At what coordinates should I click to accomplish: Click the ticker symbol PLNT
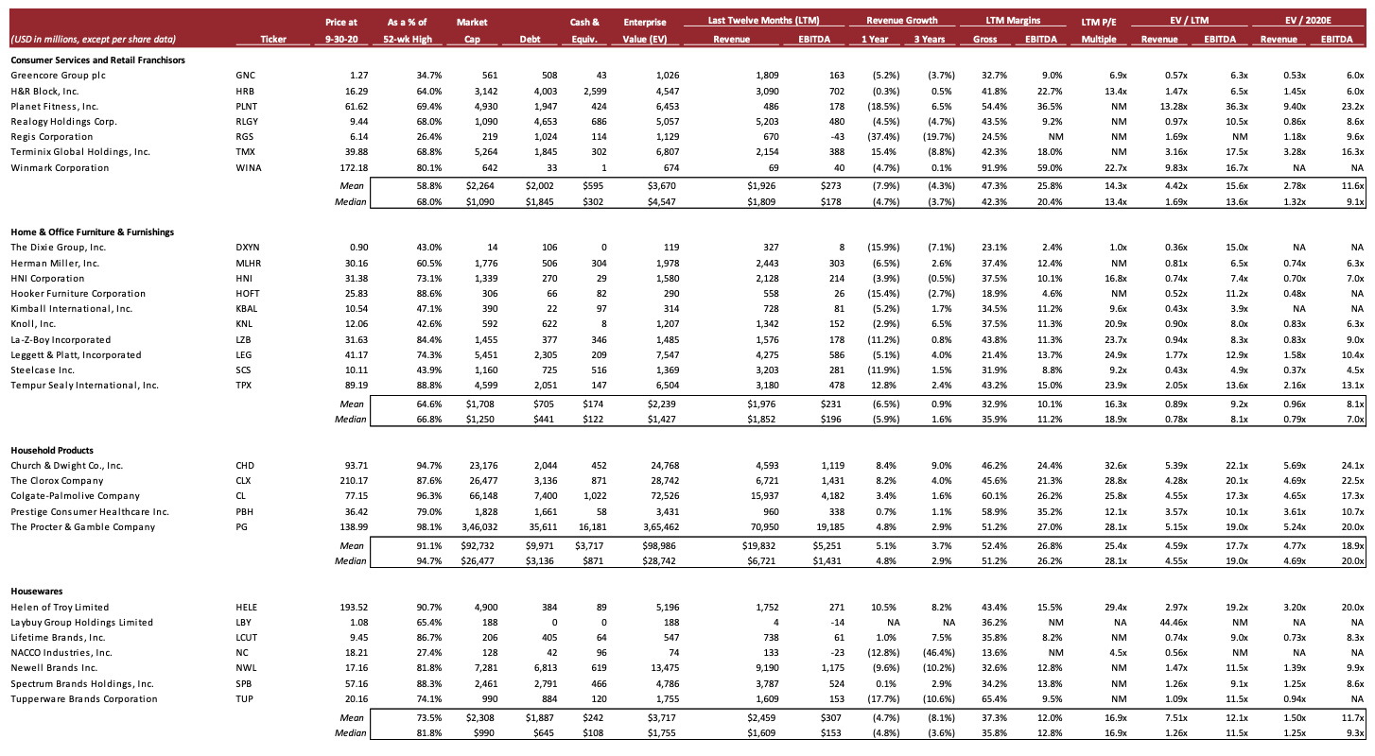click(246, 107)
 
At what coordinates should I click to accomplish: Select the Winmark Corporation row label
click(60, 168)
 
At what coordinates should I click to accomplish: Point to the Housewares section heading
click(37, 592)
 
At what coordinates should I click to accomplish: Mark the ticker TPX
click(243, 386)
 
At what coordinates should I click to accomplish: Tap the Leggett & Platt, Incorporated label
click(76, 355)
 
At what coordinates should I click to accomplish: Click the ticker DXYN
click(246, 248)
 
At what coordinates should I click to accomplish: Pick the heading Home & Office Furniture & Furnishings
click(92, 232)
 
